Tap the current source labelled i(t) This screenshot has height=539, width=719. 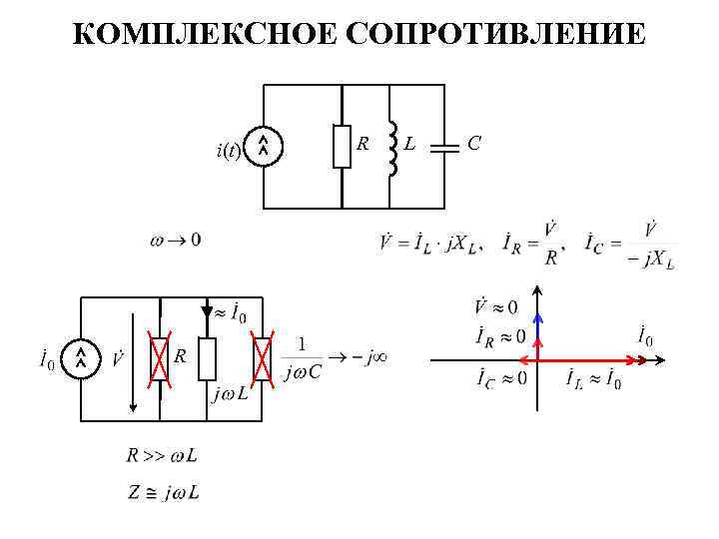click(263, 147)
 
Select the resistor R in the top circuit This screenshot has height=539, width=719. click(342, 146)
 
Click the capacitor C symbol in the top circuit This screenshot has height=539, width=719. click(443, 146)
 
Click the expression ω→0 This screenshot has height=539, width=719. click(174, 240)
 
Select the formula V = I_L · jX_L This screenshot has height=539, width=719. click(430, 243)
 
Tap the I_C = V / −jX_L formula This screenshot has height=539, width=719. click(631, 243)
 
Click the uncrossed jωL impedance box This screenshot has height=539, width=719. click(207, 359)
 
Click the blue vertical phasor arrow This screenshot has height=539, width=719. click(537, 326)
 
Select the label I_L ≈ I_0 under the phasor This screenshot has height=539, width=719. click(593, 380)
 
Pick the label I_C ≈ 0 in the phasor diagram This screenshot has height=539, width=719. click(502, 379)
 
